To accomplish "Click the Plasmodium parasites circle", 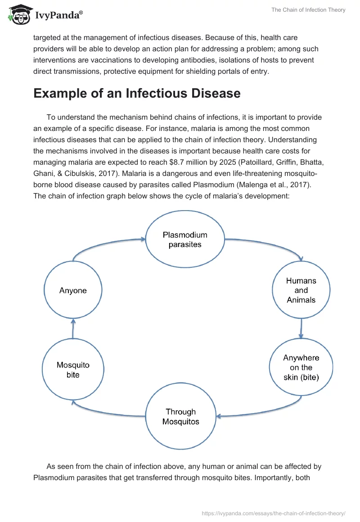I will (185, 240).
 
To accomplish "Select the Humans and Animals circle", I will (301, 290).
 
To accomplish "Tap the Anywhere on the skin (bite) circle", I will (301, 368).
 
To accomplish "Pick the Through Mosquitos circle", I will (180, 417).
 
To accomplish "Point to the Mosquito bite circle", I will (73, 369).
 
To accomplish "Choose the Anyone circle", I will (73, 291).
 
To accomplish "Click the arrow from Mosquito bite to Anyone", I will (73, 329).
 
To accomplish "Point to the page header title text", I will (308, 10).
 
